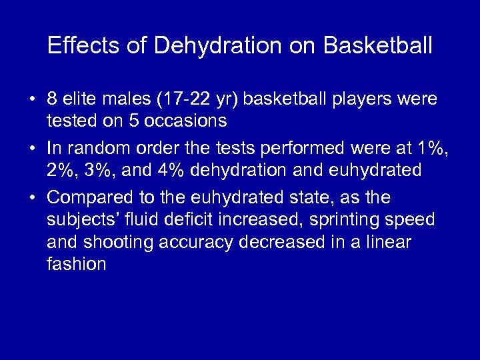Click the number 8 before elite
(52, 99)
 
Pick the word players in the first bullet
(361, 99)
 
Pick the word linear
(389, 242)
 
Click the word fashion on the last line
(77, 264)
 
